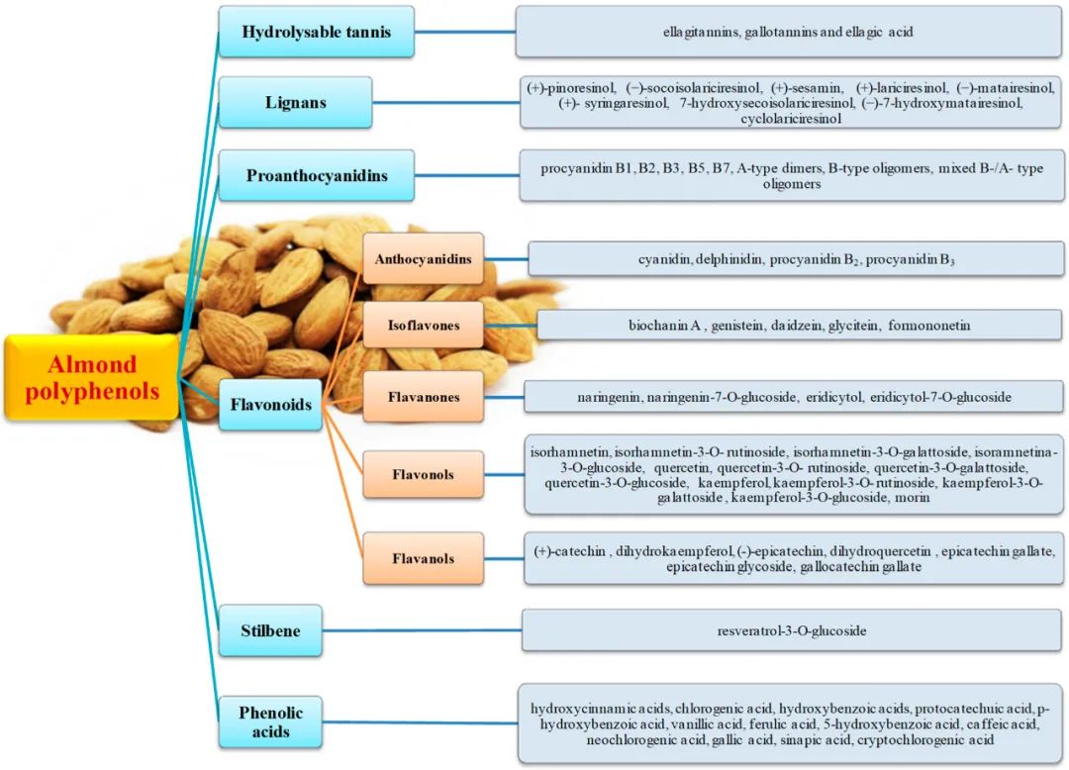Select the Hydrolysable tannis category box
(316, 32)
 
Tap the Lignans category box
(295, 102)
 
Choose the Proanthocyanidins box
(317, 176)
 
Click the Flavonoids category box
(271, 404)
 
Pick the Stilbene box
(270, 630)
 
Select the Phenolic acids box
(270, 722)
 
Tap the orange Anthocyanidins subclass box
(423, 259)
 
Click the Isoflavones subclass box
(423, 325)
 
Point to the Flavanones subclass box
(423, 397)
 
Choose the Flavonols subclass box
(423, 474)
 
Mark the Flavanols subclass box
(423, 558)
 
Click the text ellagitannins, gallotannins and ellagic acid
(788, 32)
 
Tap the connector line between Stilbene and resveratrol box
(422, 630)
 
